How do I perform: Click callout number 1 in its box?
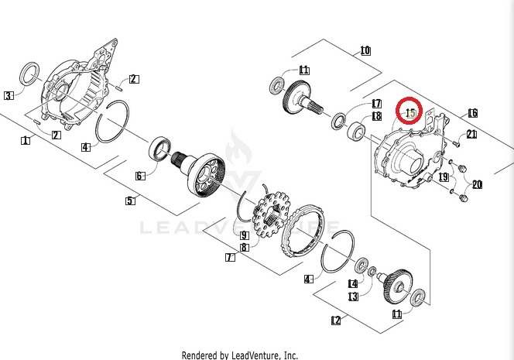tap(26, 140)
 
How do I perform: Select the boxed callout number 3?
tap(9, 96)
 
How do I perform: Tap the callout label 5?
tap(130, 201)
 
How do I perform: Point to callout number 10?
tap(365, 52)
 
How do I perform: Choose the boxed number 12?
tap(335, 320)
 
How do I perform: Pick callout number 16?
tap(472, 113)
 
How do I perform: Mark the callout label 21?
tap(471, 135)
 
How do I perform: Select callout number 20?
tap(477, 184)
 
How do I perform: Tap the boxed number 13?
tap(353, 296)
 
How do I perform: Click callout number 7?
tap(229, 257)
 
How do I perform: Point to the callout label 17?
tap(377, 103)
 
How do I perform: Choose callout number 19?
tap(444, 177)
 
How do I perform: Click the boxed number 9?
tap(244, 235)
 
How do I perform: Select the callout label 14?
tap(353, 283)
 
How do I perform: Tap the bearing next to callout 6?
tap(161, 147)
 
